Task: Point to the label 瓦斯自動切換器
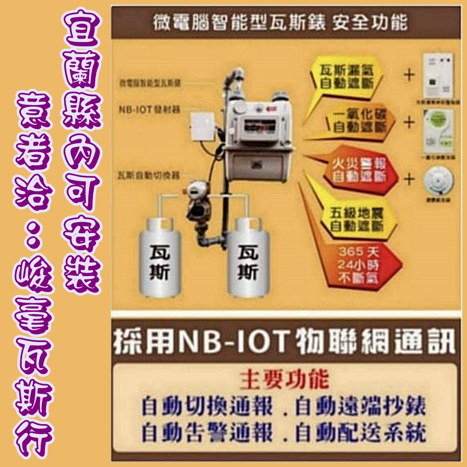coord(147,174)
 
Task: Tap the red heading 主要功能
coord(284,379)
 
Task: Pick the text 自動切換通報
coord(207,407)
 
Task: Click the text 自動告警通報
coord(207,433)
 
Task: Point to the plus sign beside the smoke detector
coord(409,179)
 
